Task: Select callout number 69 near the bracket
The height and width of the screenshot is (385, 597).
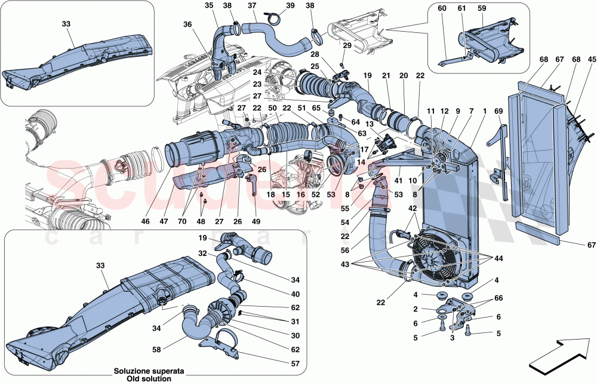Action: tap(498, 111)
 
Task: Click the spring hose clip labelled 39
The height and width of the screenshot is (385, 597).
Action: tap(275, 17)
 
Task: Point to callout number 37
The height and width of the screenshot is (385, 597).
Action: tap(252, 5)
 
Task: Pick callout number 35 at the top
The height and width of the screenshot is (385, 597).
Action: tap(209, 5)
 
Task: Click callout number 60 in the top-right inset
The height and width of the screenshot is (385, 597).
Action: tap(442, 8)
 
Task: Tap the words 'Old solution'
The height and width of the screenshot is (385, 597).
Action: tap(146, 378)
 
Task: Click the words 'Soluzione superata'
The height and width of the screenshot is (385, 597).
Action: tap(146, 371)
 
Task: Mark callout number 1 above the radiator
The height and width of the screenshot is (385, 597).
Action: tap(484, 111)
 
